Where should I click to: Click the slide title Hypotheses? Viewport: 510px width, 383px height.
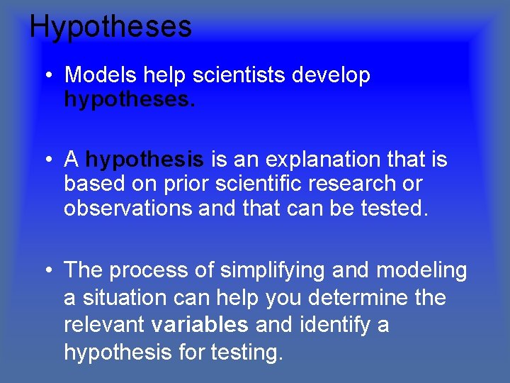[x=110, y=27]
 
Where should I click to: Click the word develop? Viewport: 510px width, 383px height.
[x=333, y=74]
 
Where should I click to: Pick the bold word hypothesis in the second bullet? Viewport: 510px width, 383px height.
[x=144, y=160]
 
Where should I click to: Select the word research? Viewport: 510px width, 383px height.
[x=352, y=184]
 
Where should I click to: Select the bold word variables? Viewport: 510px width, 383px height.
[x=200, y=325]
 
